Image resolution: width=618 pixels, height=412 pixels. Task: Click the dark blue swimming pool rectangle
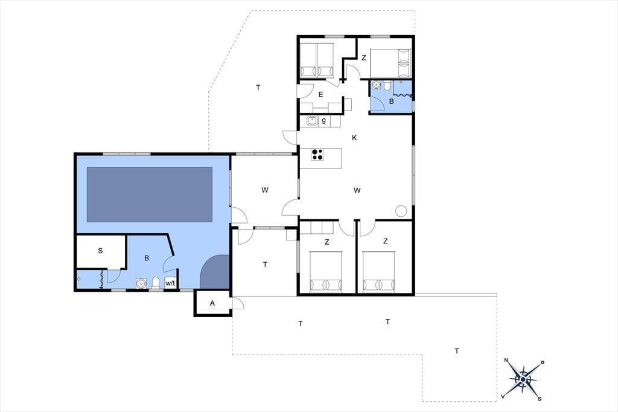coord(150,195)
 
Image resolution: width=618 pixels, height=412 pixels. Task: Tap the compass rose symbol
coord(523,379)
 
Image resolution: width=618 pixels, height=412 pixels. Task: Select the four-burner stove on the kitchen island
coord(317,154)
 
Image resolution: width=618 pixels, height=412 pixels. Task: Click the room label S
coord(100,251)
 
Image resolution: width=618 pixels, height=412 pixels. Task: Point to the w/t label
coord(170,283)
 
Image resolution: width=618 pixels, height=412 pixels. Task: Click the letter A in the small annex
coord(212,303)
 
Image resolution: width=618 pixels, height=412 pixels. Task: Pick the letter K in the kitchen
coord(354,138)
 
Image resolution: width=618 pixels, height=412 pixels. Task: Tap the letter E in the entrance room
coord(321,94)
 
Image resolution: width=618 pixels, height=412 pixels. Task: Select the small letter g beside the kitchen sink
coord(323,121)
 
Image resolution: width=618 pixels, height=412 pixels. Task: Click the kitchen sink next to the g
coord(312,121)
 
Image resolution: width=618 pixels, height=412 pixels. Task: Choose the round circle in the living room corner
coord(401,211)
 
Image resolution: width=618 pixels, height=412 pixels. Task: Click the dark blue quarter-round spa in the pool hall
coord(214,271)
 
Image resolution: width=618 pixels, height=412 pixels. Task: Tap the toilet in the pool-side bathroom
coord(156,283)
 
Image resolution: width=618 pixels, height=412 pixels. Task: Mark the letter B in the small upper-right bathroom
coord(391,101)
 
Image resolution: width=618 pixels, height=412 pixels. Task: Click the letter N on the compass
coord(506,360)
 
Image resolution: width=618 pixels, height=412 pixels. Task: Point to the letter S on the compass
coord(540,399)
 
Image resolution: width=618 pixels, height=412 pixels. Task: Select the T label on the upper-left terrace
coord(258,87)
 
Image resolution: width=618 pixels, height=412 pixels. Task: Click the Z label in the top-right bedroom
coord(364,57)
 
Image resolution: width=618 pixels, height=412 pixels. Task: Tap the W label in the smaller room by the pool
coord(265,190)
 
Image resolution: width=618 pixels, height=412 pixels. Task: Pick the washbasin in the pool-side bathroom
coord(141,283)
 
